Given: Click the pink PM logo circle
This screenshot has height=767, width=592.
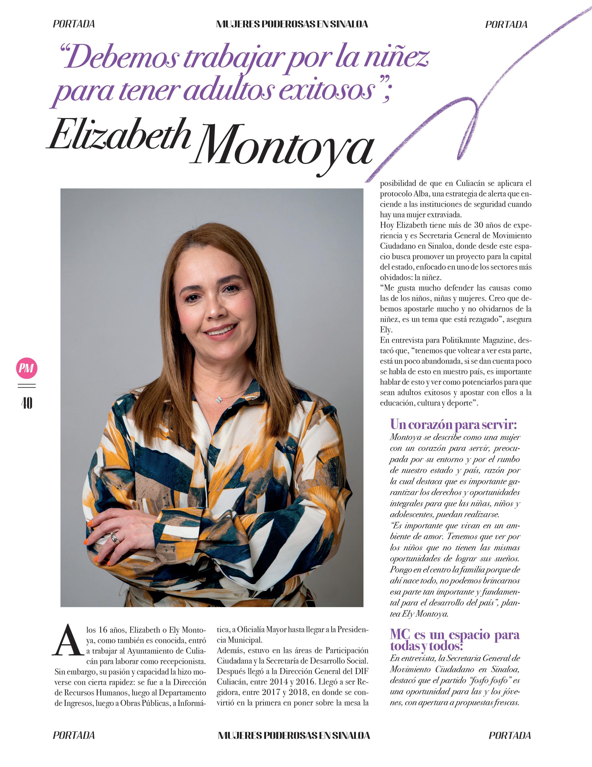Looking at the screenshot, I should click(27, 368).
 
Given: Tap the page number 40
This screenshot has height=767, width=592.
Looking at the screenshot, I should click(27, 403).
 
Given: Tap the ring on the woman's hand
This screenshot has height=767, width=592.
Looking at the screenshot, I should click(115, 538).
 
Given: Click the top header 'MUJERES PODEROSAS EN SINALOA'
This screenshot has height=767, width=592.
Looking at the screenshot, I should click(292, 24).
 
